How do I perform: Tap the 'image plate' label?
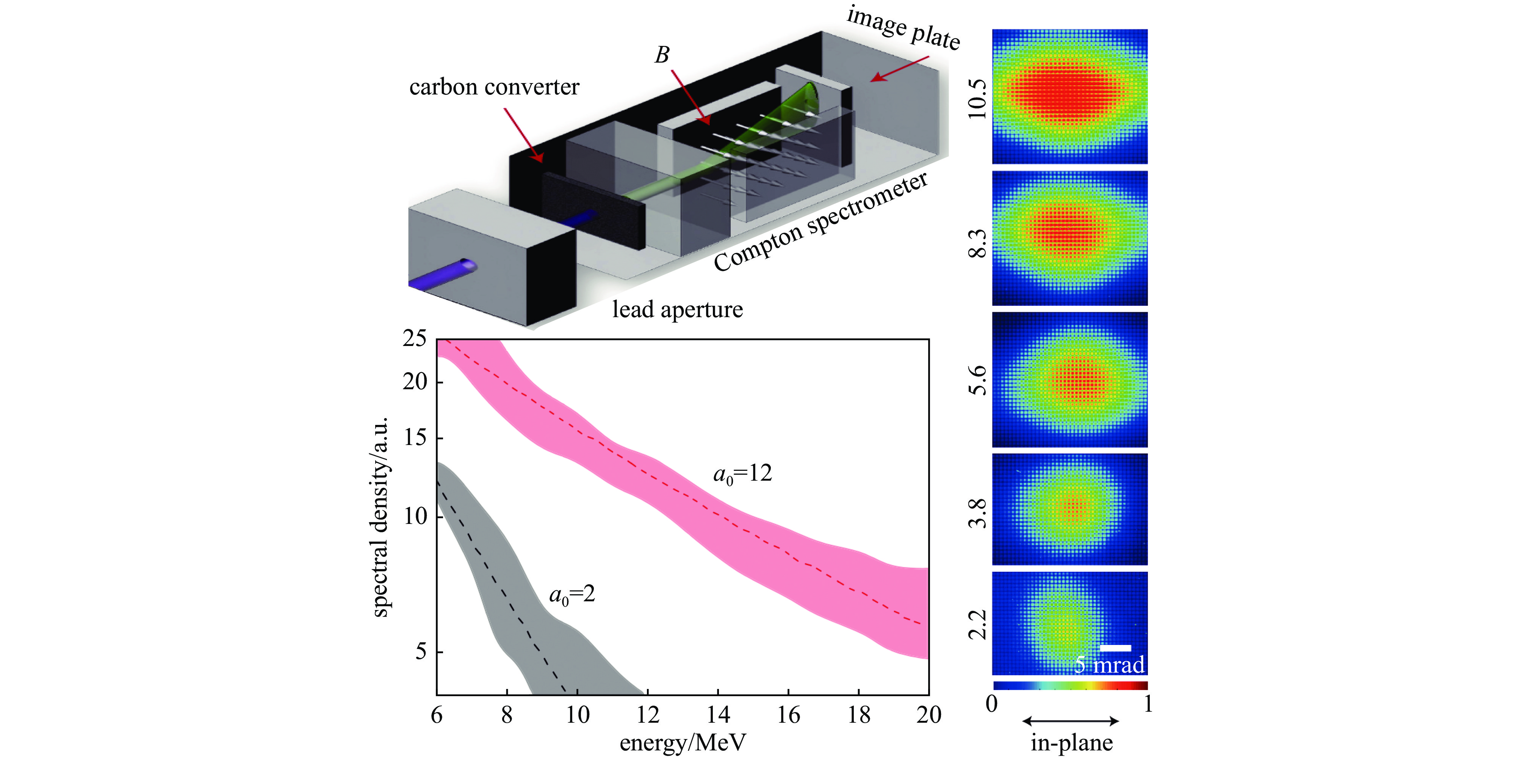point(903,28)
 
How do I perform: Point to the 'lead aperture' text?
point(677,309)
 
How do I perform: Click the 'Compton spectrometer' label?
point(821,223)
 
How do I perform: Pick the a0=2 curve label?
point(572,594)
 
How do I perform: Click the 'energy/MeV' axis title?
point(683,742)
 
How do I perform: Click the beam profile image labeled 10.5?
point(1069,96)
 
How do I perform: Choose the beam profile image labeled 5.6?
point(1069,380)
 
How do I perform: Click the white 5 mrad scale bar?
point(1115,648)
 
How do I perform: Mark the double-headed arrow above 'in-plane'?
point(1070,721)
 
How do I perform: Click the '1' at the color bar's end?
point(1148,704)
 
